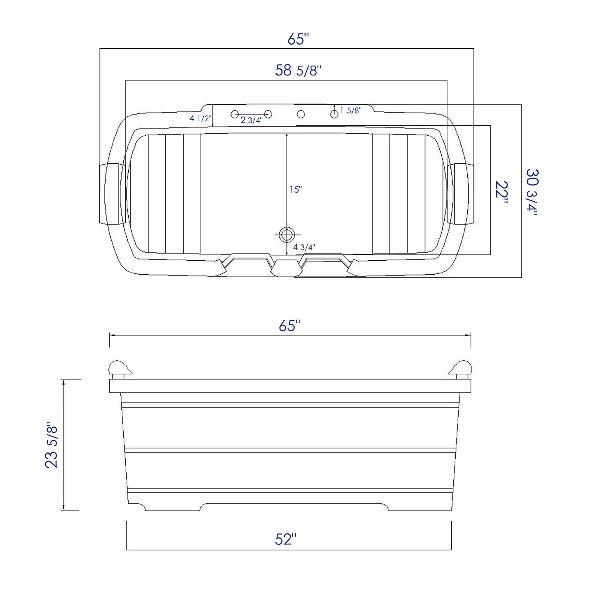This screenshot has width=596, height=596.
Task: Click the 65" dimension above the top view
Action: point(298,39)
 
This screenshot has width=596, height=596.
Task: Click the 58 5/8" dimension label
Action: point(298,71)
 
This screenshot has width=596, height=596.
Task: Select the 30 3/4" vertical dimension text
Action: point(532,192)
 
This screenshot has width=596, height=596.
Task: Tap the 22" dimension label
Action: point(502,192)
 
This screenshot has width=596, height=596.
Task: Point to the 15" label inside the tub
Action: point(295,190)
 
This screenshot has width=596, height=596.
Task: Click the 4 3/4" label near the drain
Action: point(304,247)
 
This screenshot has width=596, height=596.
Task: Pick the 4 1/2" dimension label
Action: point(200,119)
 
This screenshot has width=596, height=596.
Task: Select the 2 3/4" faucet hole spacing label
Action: point(251,120)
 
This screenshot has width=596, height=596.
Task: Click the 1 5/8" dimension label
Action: point(351,111)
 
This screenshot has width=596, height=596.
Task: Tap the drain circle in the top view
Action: point(286,235)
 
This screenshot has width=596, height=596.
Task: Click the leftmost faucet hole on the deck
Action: point(235,114)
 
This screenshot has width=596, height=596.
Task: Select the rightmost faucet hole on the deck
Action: point(334,114)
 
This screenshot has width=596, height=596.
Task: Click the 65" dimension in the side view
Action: point(287,326)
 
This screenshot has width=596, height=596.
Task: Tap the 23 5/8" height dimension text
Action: point(52,445)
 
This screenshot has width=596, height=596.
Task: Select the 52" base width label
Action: point(285,539)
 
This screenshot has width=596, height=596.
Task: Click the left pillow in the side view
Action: point(119,368)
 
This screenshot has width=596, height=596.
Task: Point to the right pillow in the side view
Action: point(461,368)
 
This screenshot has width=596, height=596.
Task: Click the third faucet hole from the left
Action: point(301,114)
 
